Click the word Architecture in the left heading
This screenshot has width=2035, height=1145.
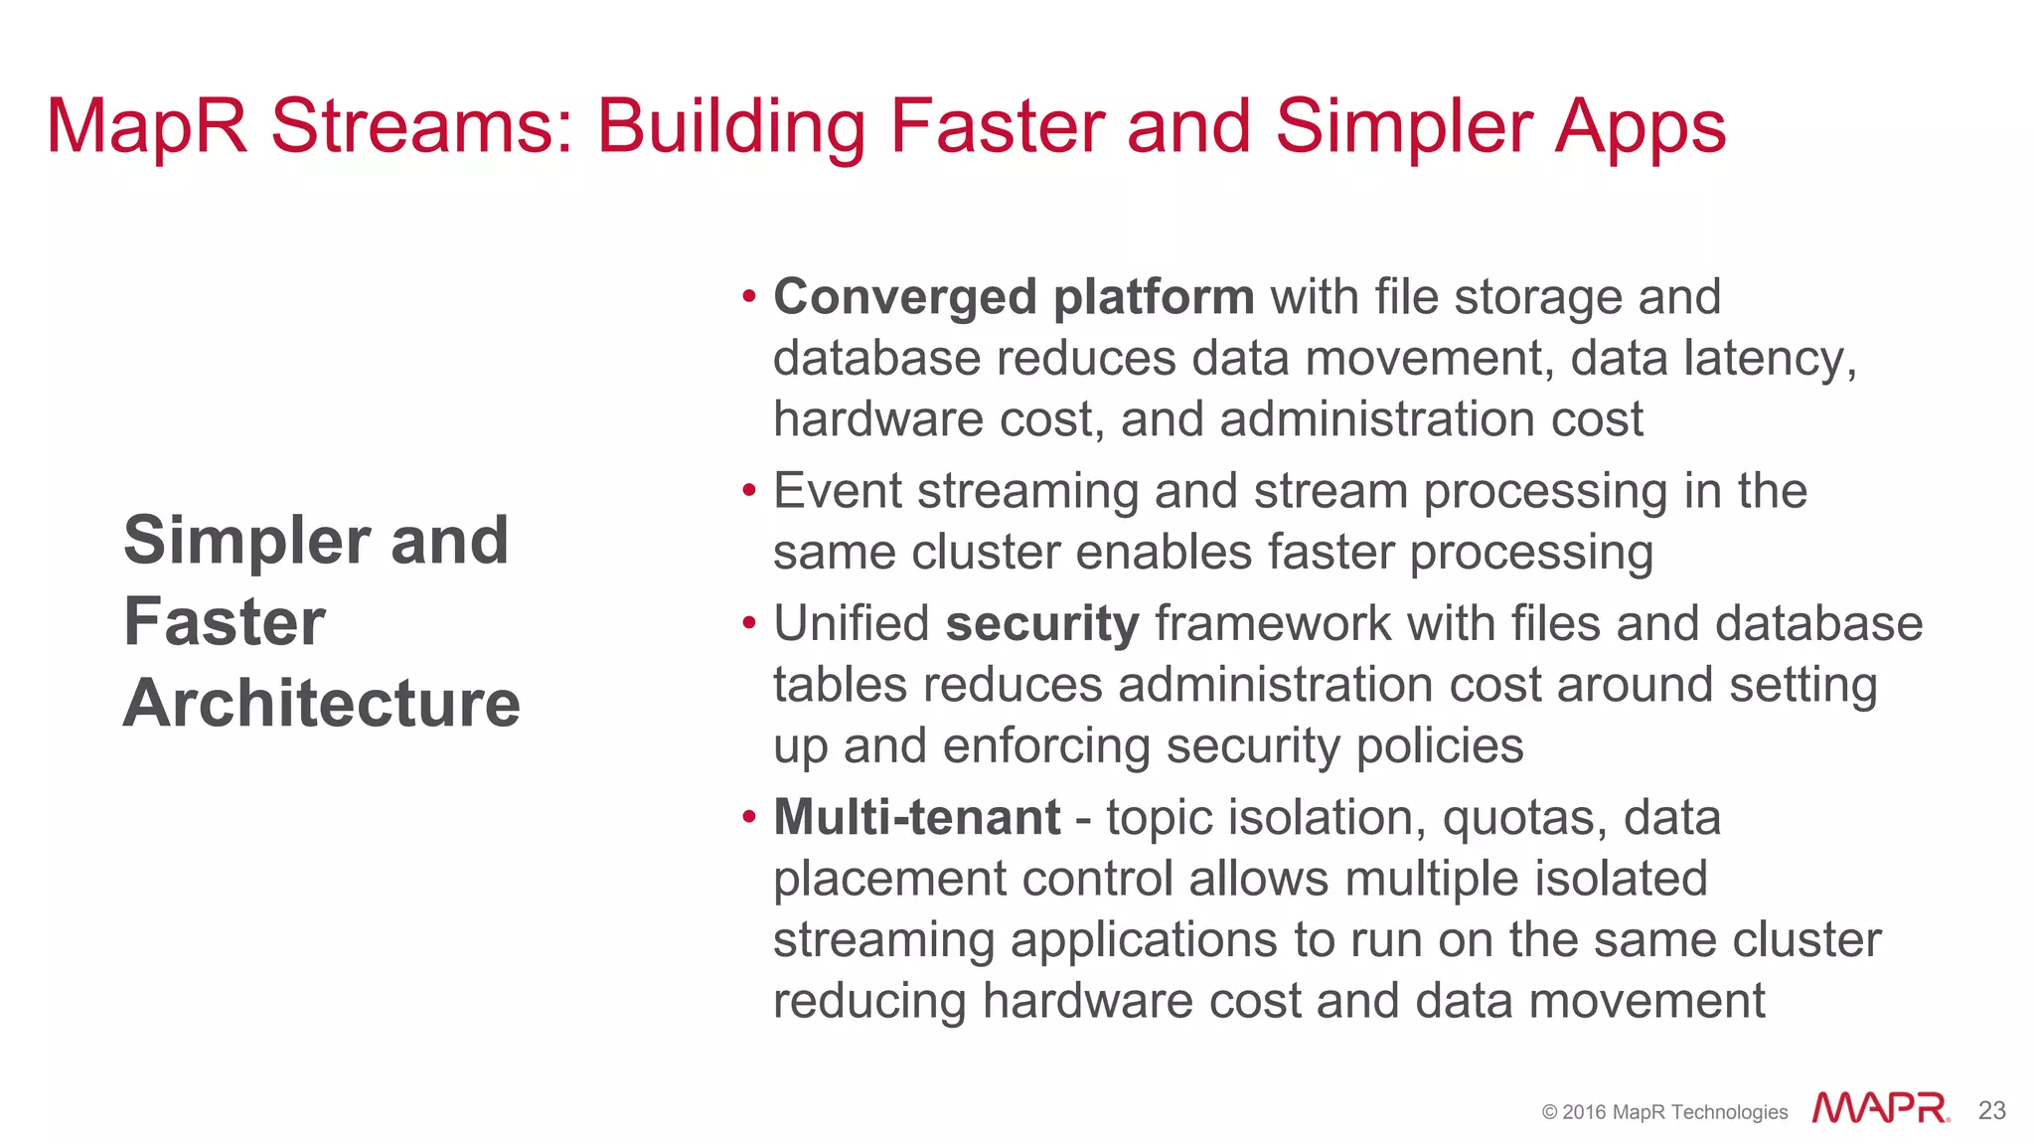point(322,704)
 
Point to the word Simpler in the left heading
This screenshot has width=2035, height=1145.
point(247,542)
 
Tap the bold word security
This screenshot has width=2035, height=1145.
point(1041,624)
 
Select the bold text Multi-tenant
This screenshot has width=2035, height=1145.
point(916,818)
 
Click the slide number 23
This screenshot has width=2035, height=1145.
point(1991,1110)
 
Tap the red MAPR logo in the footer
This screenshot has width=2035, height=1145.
point(1879,1108)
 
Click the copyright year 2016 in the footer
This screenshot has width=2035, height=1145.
point(1584,1112)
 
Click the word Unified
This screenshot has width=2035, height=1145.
point(851,624)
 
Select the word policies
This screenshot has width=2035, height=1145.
point(1439,746)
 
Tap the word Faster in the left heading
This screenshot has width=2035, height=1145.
point(225,622)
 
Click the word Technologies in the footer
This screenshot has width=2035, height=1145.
point(1728,1112)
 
